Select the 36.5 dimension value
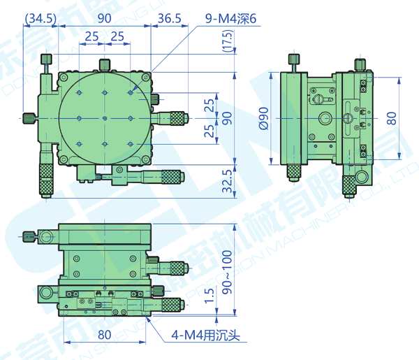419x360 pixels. pyautogui.click(x=170, y=17)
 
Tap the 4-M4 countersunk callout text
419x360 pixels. pyautogui.click(x=206, y=335)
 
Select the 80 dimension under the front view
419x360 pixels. pyautogui.click(x=104, y=334)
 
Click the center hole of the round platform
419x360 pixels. pyautogui.click(x=104, y=118)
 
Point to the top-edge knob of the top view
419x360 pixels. pyautogui.click(x=105, y=65)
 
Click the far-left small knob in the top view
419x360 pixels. pyautogui.click(x=29, y=118)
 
